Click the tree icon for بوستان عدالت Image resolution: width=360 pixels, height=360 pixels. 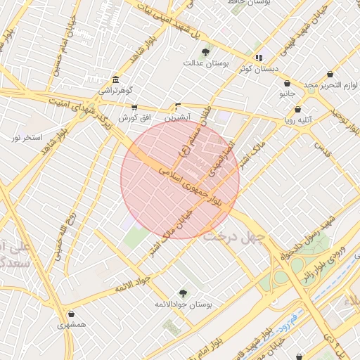[x=205, y=52]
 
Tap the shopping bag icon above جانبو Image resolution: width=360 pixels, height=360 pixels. [x=287, y=83]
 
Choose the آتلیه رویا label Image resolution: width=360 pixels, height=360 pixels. [x=298, y=120]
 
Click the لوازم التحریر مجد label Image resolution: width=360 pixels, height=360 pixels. [x=322, y=85]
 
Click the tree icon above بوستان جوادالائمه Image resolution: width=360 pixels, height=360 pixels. [x=184, y=292]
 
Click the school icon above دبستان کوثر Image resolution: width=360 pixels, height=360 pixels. [x=259, y=58]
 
